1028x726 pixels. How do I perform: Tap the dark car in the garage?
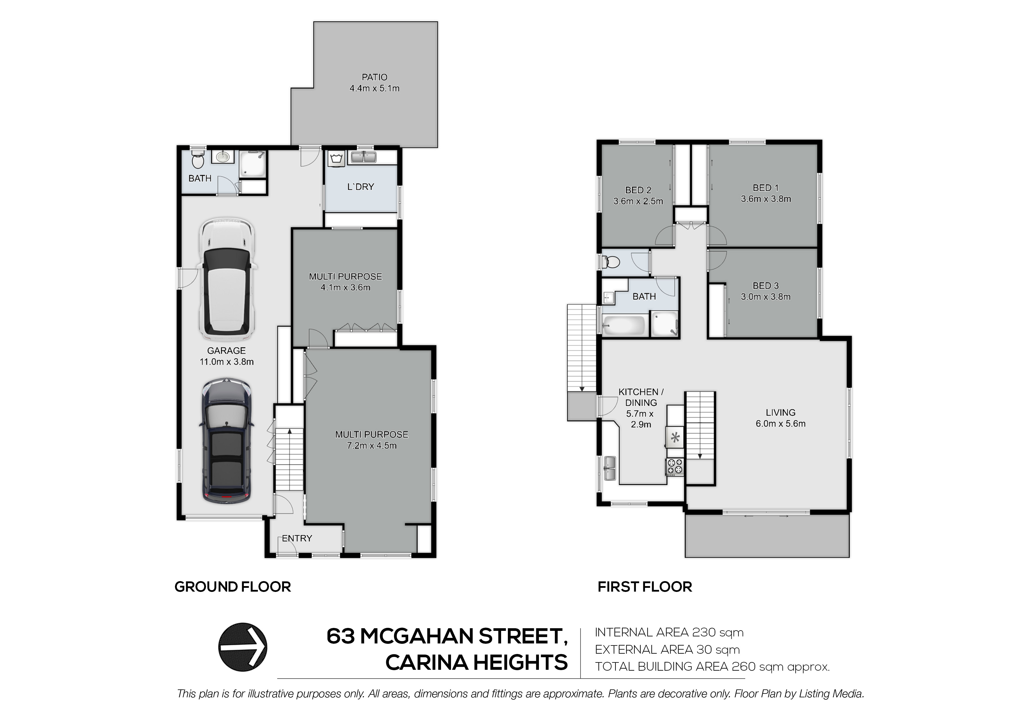(227, 441)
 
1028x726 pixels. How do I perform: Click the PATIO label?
(374, 77)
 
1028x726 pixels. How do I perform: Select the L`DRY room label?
(360, 187)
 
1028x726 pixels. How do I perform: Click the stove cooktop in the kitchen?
(675, 467)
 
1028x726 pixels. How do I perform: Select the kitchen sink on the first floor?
(609, 468)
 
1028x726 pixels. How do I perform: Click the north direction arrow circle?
(243, 647)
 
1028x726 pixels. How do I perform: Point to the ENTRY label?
(297, 539)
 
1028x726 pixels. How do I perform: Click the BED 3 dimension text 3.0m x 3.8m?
(766, 297)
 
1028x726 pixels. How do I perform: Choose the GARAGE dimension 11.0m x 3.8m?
(227, 362)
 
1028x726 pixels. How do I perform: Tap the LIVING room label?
(780, 412)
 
